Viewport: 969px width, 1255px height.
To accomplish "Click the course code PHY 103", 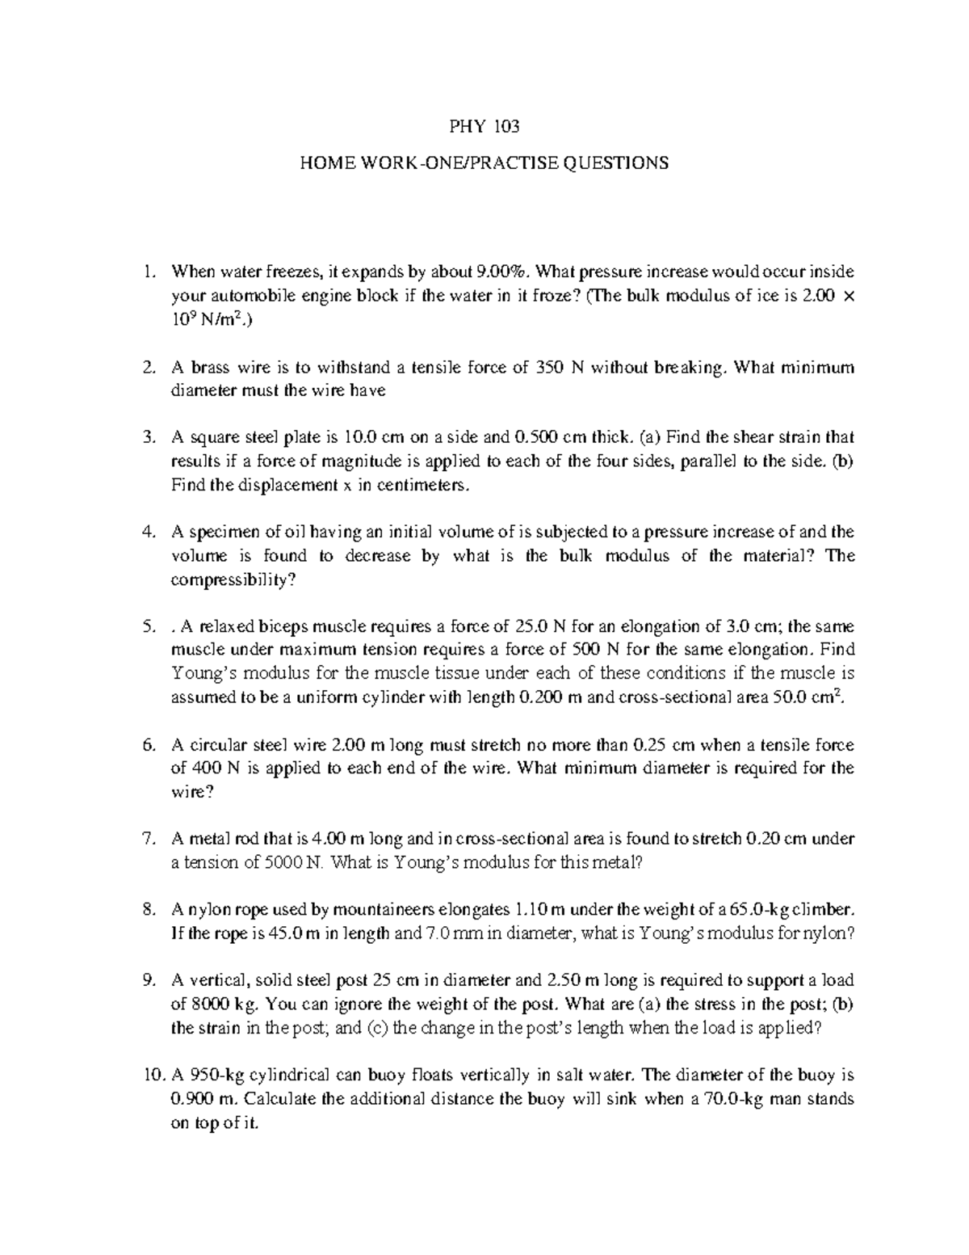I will (484, 126).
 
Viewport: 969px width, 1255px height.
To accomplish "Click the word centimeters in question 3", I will (422, 486).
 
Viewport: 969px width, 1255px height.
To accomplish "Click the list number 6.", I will (147, 745).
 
